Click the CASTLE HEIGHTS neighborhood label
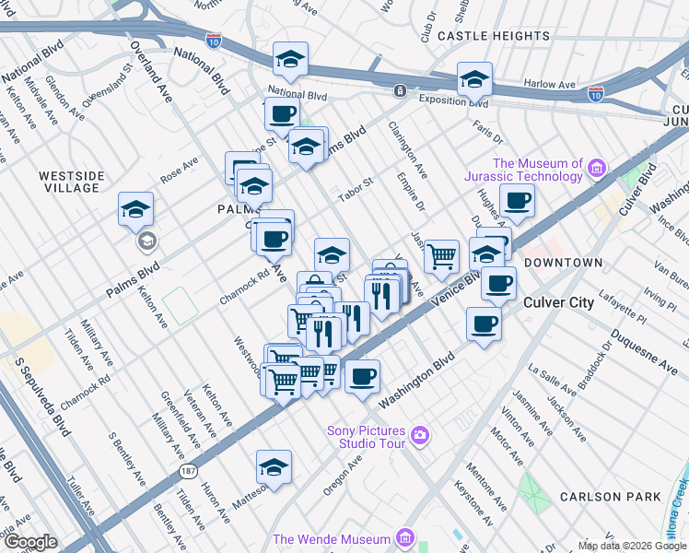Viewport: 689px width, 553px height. pyautogui.click(x=493, y=36)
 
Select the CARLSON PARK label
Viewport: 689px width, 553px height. pyautogui.click(x=611, y=497)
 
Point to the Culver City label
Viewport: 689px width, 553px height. pyautogui.click(x=562, y=302)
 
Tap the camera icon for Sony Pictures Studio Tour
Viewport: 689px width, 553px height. pyautogui.click(x=420, y=434)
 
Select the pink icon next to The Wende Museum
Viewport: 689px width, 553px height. pyautogui.click(x=403, y=538)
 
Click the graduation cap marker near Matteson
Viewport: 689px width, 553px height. pyautogui.click(x=274, y=467)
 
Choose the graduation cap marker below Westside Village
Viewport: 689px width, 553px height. pyautogui.click(x=135, y=209)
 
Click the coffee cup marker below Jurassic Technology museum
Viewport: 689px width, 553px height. pyautogui.click(x=517, y=199)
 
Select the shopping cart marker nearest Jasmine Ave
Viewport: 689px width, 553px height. pyautogui.click(x=442, y=255)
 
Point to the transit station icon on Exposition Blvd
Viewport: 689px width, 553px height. pyautogui.click(x=400, y=90)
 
